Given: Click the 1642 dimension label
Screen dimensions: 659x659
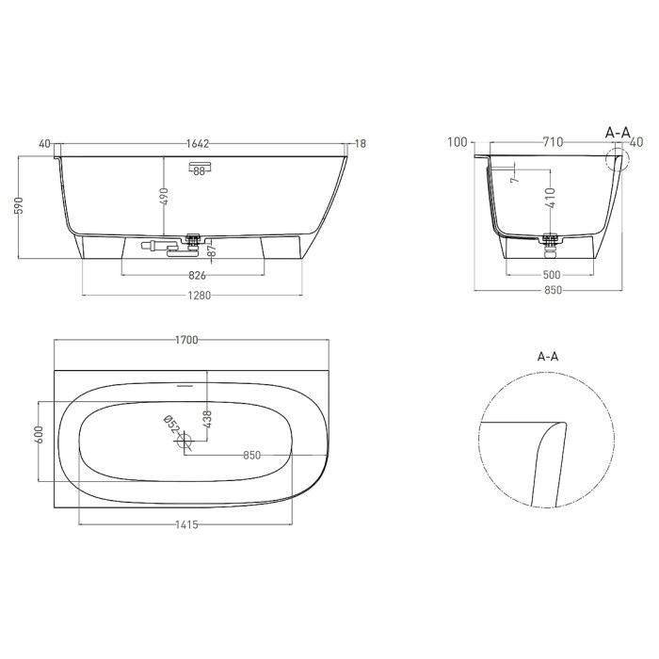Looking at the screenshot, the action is (x=198, y=144).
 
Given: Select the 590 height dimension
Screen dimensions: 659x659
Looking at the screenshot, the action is (x=20, y=205).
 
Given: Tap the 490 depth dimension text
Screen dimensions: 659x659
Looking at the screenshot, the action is (x=164, y=197).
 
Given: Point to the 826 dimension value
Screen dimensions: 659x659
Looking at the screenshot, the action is (x=197, y=275).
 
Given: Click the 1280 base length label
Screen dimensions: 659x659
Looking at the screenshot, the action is (x=199, y=296).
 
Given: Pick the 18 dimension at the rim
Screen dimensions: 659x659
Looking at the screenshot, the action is (x=361, y=144).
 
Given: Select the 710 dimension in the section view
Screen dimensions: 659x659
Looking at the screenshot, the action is (x=553, y=142).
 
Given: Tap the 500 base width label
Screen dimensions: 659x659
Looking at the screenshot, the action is (x=552, y=275).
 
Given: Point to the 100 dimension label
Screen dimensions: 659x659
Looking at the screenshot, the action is (x=458, y=142).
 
